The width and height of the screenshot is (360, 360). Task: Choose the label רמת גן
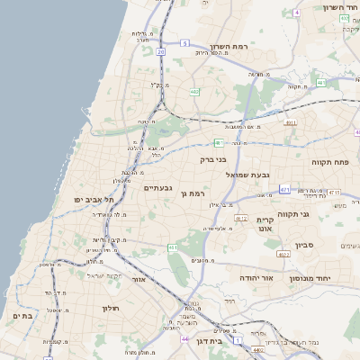pyautogui.click(x=193, y=193)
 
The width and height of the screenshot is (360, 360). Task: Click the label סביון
pyautogui.click(x=306, y=244)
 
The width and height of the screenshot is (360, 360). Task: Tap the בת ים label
pyautogui.click(x=23, y=316)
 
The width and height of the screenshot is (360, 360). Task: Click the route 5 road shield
pyautogui.click(x=184, y=42)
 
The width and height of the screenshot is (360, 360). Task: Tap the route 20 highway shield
pyautogui.click(x=160, y=52)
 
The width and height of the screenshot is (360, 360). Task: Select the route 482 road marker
pyautogui.click(x=194, y=92)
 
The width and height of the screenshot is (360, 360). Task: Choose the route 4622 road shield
pyautogui.click(x=283, y=255)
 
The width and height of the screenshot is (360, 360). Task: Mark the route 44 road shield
pyautogui.click(x=184, y=340)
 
